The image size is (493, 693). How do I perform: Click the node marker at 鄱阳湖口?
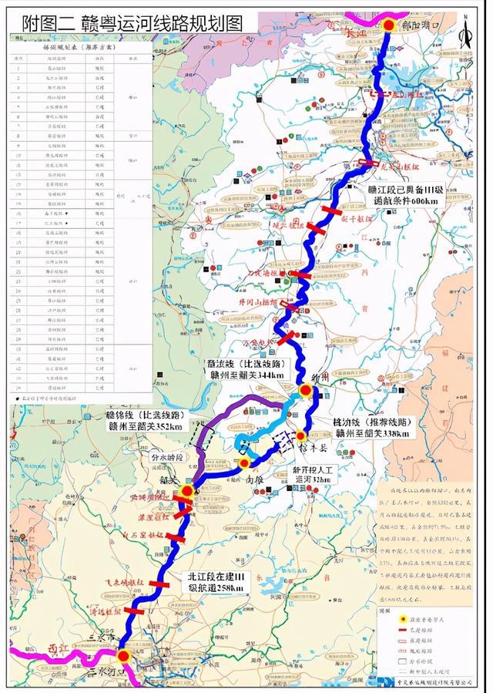click(389, 25)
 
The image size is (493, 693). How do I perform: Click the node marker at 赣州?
click(306, 391)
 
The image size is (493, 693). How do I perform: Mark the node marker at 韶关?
click(187, 490)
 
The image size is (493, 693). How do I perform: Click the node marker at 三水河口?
click(122, 657)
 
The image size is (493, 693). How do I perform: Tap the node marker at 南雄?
click(244, 463)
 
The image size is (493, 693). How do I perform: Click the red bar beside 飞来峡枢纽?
click(159, 584)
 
